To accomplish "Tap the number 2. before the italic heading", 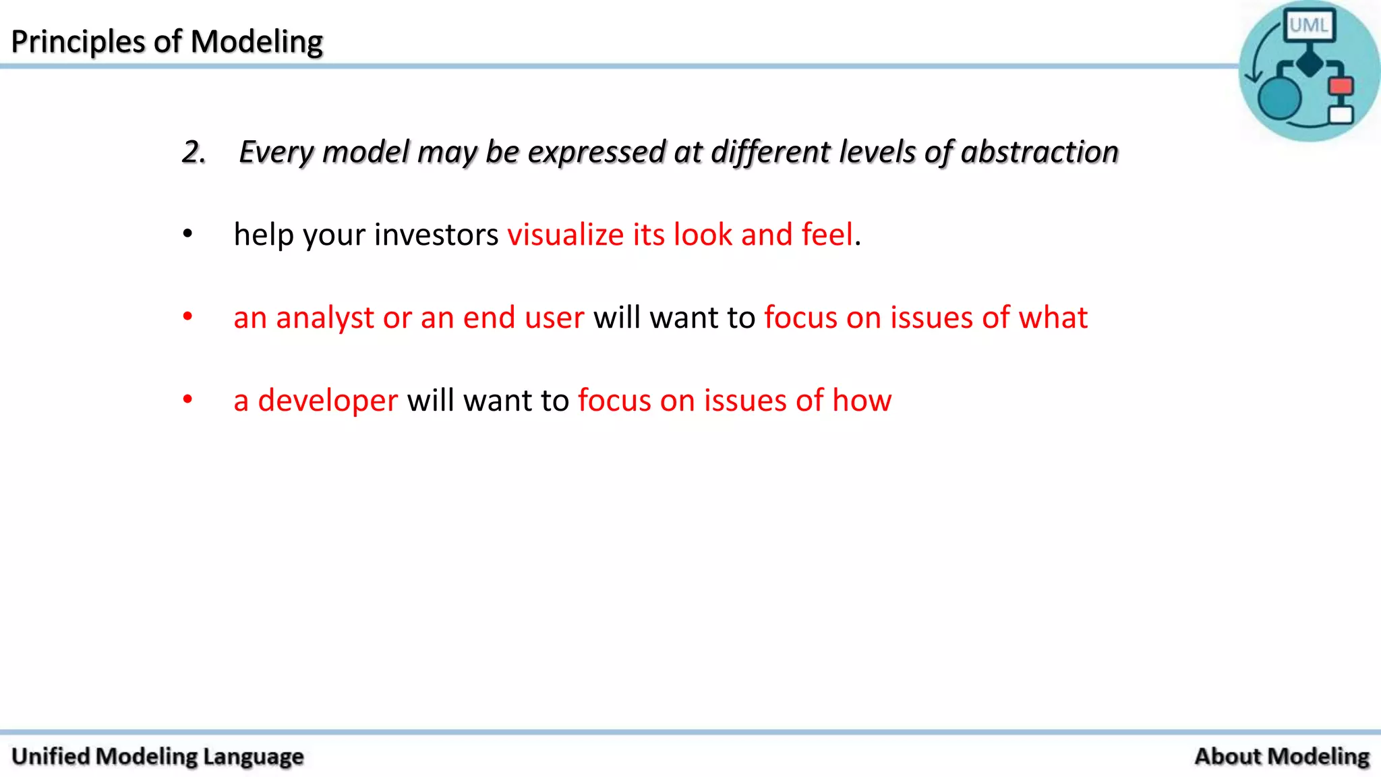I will click(x=194, y=152).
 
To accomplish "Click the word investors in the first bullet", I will click(x=436, y=235).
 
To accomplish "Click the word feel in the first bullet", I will click(x=827, y=235).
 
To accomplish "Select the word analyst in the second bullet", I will click(x=324, y=318).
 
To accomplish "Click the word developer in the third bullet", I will click(x=328, y=401).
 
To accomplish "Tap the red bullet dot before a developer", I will click(x=187, y=399).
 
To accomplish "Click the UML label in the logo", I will click(x=1308, y=26).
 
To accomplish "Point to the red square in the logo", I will click(x=1341, y=86).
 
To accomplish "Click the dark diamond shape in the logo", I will click(x=1310, y=63).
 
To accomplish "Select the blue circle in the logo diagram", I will click(x=1279, y=98).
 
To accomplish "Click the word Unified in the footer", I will click(x=51, y=756).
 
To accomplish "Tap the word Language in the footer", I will click(x=253, y=756).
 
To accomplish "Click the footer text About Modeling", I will click(x=1281, y=756).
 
